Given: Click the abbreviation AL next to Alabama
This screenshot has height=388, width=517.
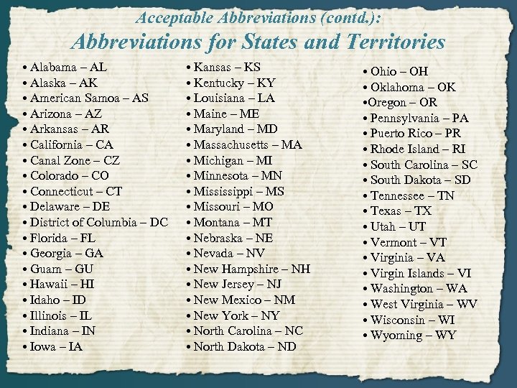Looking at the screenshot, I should pyautogui.click(x=97, y=67).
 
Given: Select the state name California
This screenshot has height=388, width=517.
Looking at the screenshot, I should pyautogui.click(x=61, y=144).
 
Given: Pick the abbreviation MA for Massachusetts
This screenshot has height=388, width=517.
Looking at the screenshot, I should pyautogui.click(x=292, y=144).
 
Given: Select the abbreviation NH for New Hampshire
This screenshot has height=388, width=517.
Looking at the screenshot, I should pyautogui.click(x=301, y=269).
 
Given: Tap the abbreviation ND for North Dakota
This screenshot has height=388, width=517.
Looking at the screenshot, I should pyautogui.click(x=286, y=346).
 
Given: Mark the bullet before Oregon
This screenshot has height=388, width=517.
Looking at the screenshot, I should pyautogui.click(x=365, y=103).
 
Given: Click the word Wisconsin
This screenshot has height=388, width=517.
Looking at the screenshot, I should pyautogui.click(x=401, y=319).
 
